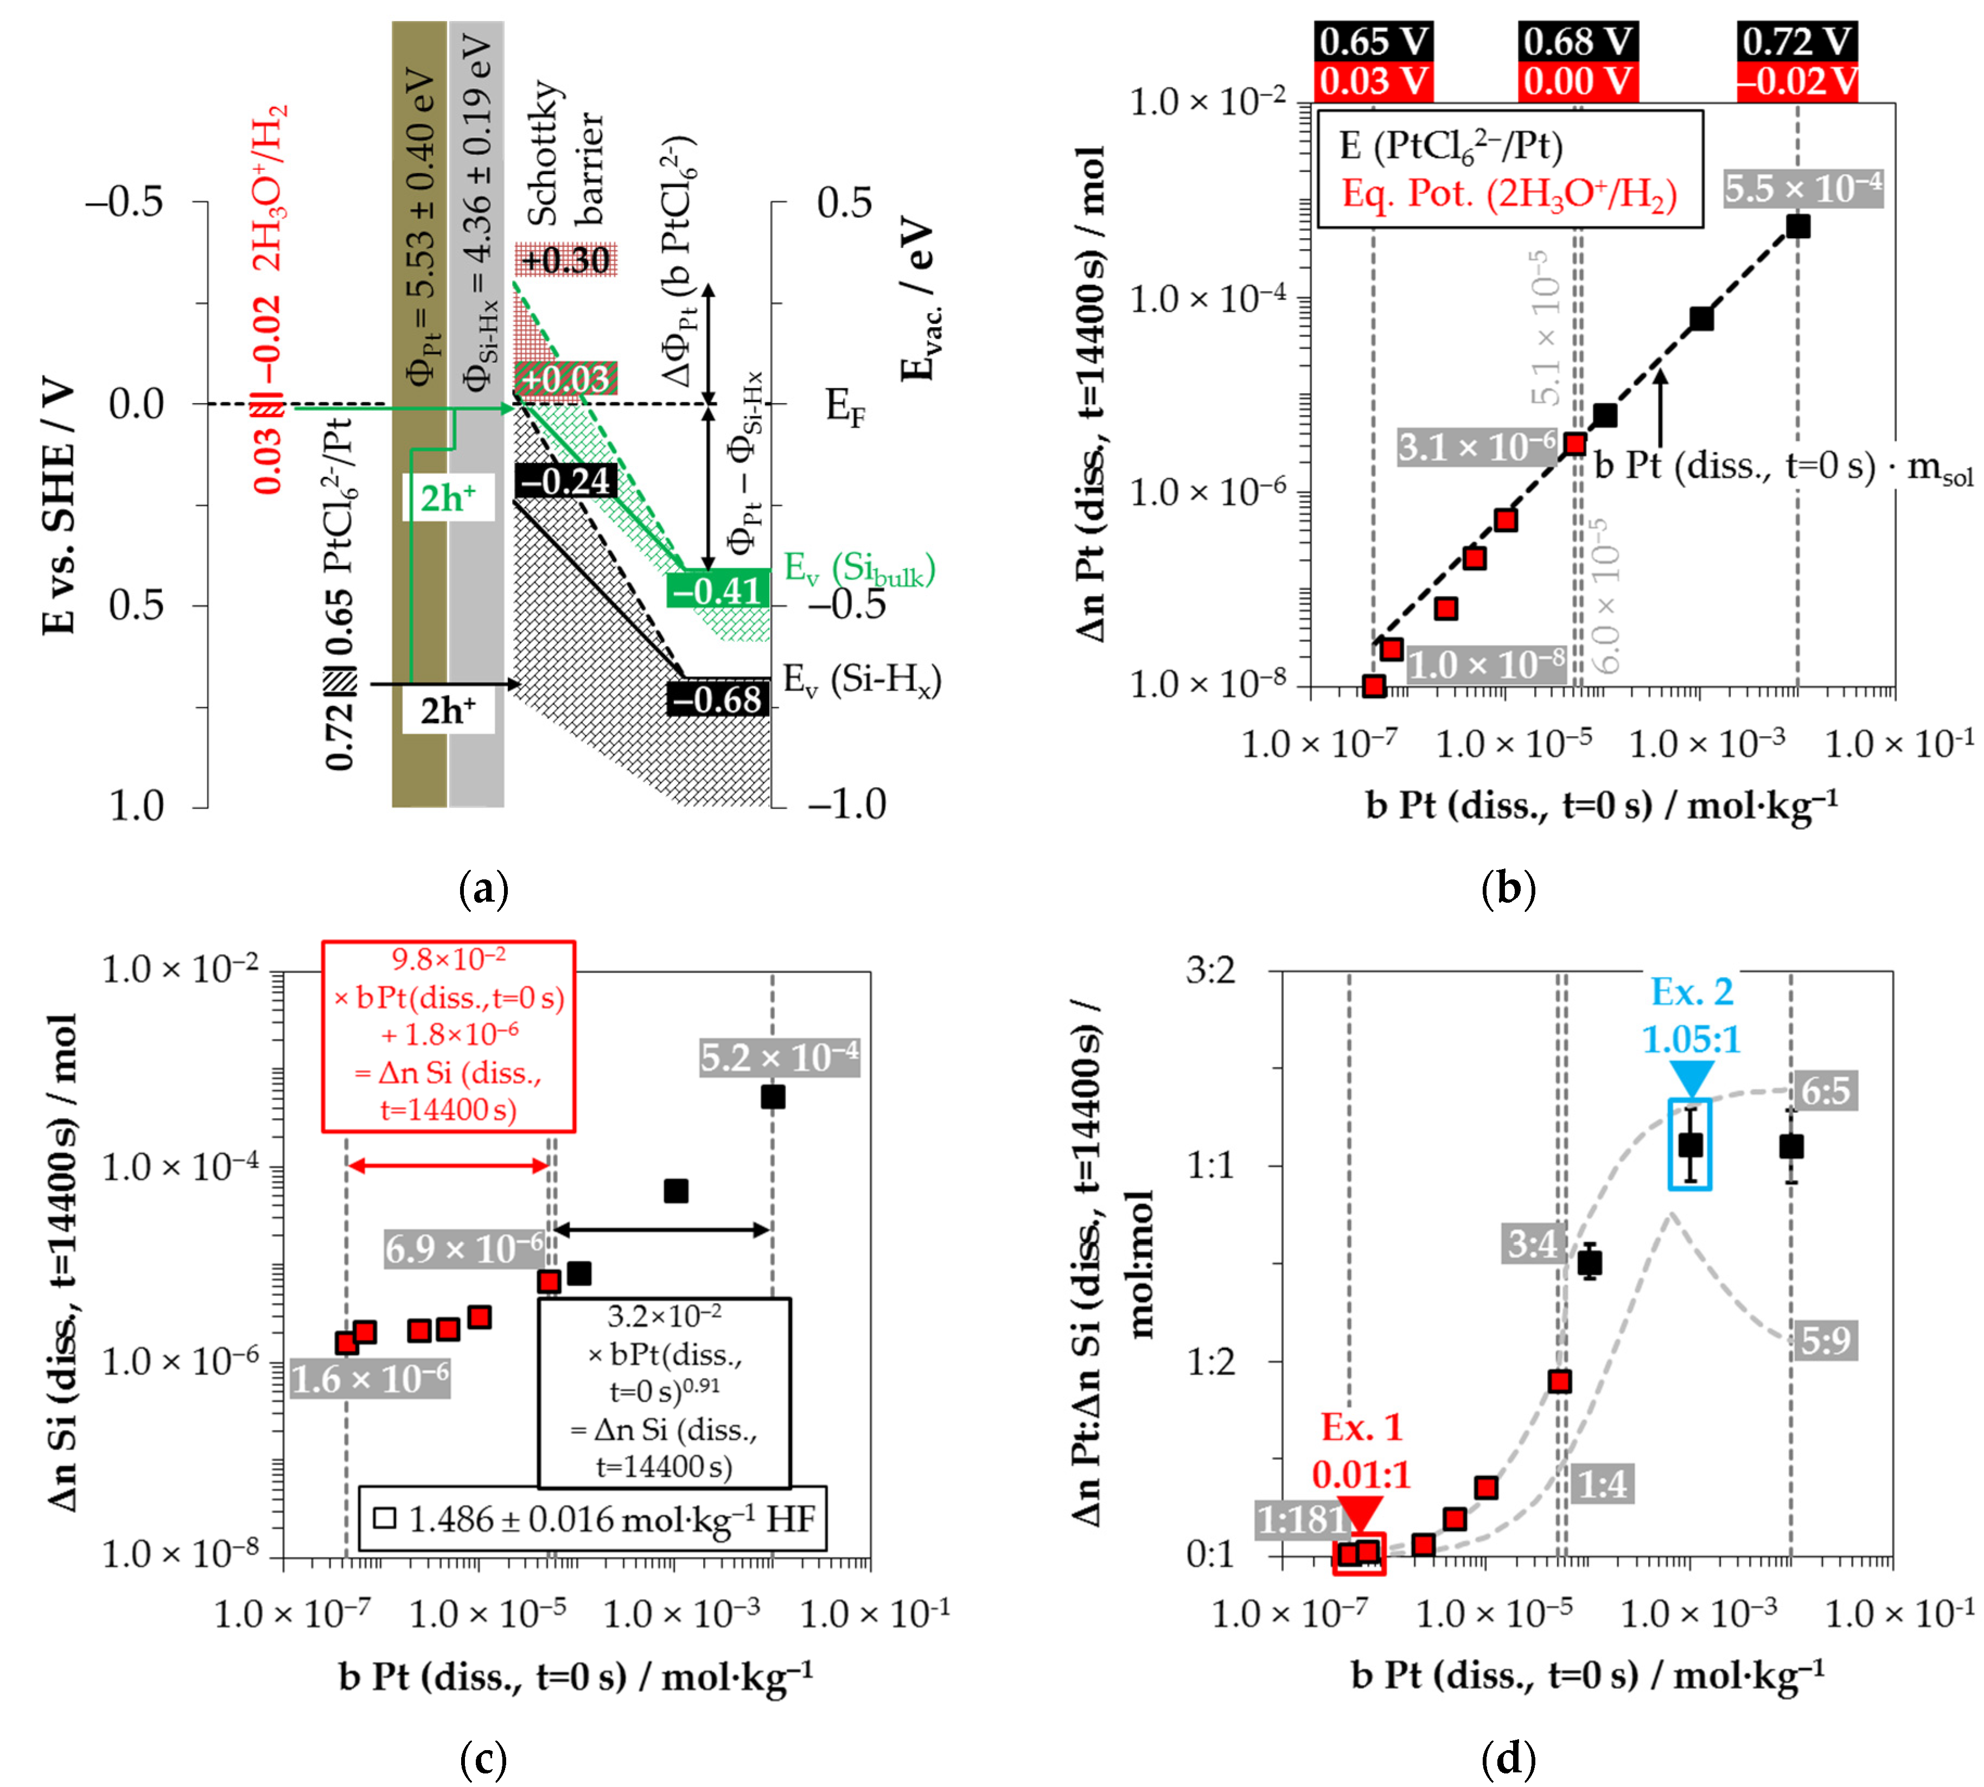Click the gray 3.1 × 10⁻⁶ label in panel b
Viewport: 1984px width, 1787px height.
[x=1476, y=448]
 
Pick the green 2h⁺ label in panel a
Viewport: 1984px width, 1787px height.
[x=448, y=499]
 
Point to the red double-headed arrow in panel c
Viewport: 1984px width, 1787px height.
[x=448, y=1165]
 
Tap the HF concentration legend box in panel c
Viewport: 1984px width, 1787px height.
[x=592, y=1519]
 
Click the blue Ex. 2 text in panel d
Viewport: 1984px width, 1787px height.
[x=1692, y=992]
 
